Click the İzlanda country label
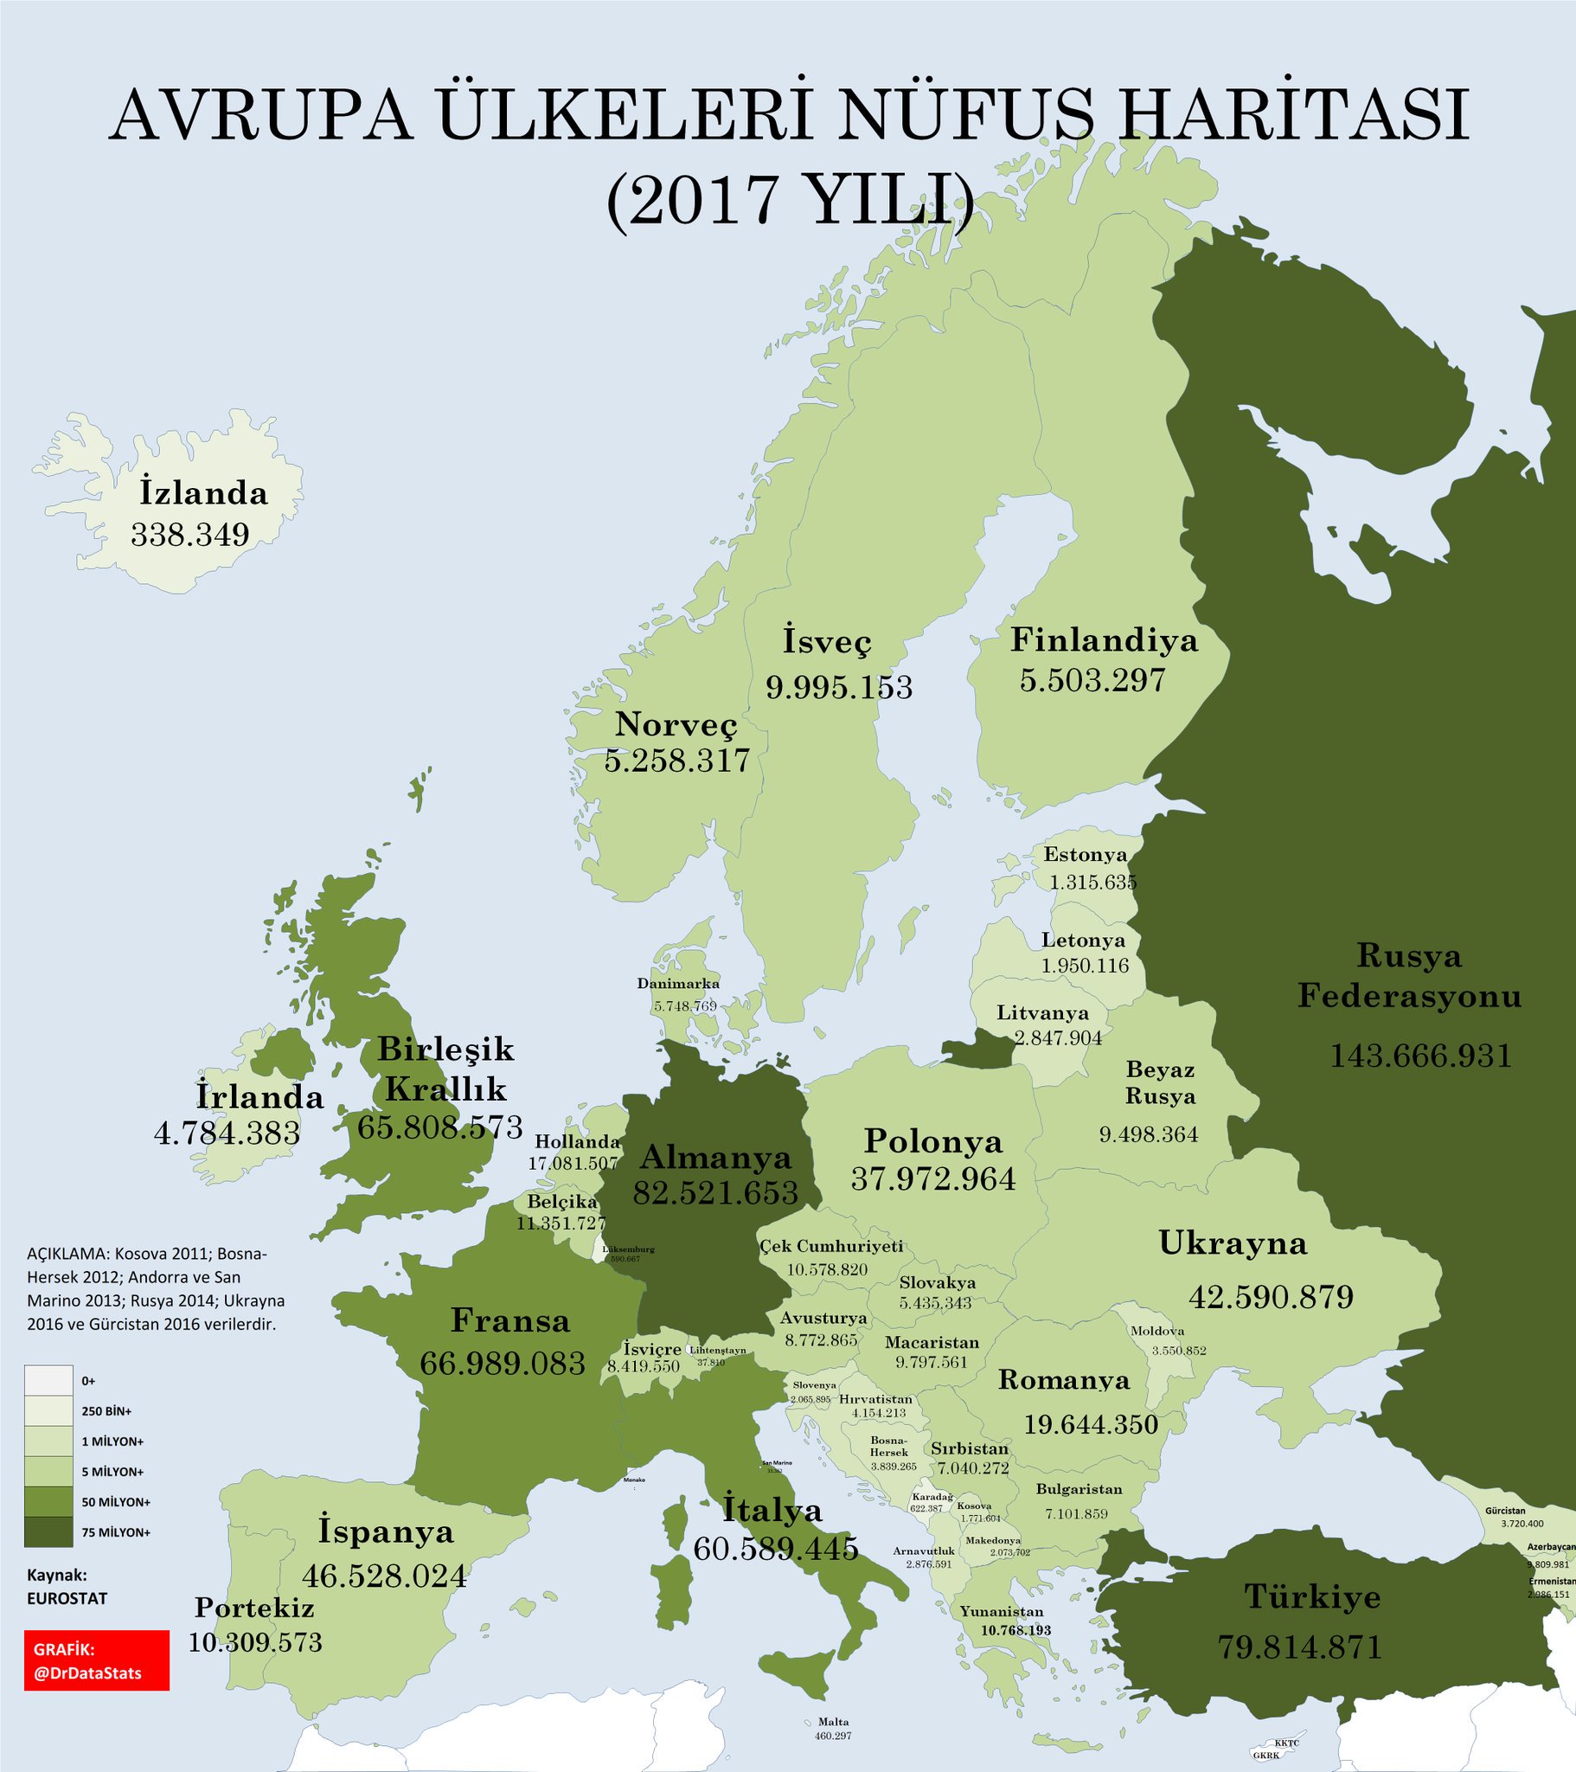204,492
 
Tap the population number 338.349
189,534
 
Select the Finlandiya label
1104,639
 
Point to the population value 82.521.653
715,1193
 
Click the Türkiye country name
1311,1596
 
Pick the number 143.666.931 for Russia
1420,1055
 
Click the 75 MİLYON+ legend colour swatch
48,1531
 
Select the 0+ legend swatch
48,1380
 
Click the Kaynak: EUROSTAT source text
67,1587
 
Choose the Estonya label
1085,855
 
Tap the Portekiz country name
254,1608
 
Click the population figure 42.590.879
1271,1297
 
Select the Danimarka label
678,983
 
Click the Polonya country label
932,1141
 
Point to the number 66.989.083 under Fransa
503,1363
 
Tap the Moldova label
1157,1331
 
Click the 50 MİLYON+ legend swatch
48,1501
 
